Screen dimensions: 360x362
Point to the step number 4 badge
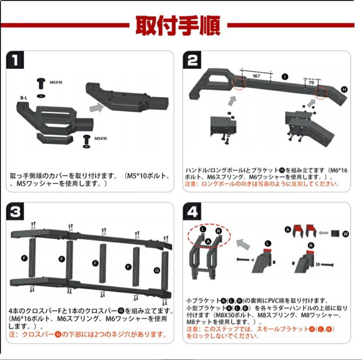click(192, 212)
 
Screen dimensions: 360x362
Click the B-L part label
click(24, 98)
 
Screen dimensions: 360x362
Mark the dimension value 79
click(311, 82)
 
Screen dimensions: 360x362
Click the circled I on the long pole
click(285, 76)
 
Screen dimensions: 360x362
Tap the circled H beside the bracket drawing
click(344, 89)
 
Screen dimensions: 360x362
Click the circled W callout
click(345, 234)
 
